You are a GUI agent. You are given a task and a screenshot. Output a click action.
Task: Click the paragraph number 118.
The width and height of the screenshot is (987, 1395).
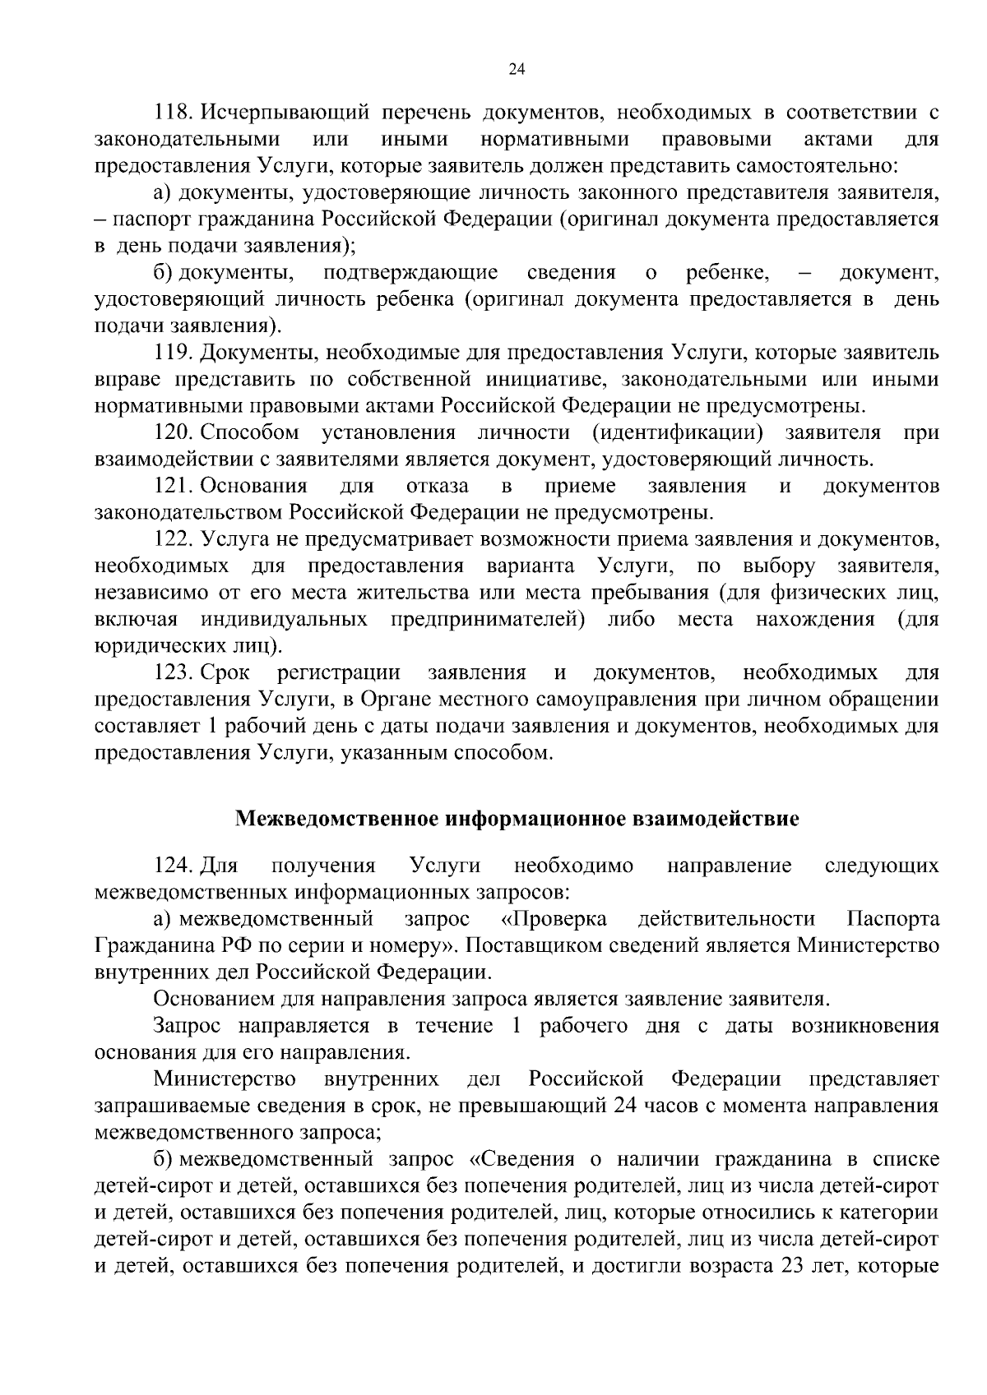coord(173,113)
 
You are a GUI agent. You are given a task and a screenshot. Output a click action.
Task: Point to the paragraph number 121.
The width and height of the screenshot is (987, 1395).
coord(173,487)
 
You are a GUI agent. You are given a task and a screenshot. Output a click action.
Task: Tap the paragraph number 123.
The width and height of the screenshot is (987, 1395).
coord(173,673)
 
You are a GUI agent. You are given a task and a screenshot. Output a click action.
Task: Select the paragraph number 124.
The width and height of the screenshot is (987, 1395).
coord(173,866)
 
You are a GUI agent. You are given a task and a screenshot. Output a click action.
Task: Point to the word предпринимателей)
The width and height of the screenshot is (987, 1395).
coord(487,620)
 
